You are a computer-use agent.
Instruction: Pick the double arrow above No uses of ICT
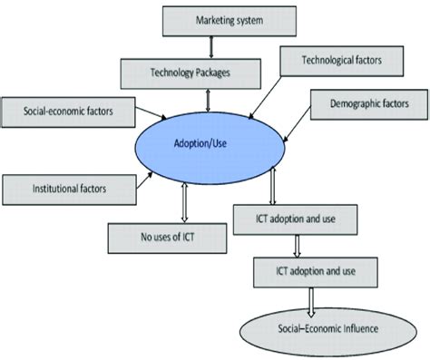[186, 202]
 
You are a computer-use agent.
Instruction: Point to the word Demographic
[349, 104]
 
